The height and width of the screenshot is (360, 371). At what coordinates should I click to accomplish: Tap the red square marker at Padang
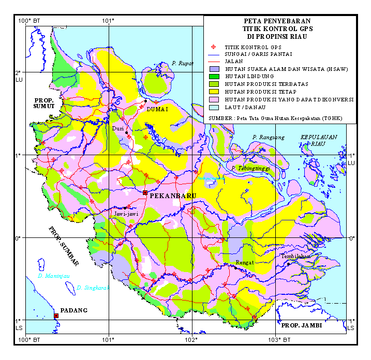56,316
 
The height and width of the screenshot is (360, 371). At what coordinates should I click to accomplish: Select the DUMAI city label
158,110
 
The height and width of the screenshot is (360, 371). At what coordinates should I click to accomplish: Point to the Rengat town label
244,263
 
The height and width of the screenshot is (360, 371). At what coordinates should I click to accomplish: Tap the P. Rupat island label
182,64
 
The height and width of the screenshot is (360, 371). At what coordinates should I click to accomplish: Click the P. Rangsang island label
269,137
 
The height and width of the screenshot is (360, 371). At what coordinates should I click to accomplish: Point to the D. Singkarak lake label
93,288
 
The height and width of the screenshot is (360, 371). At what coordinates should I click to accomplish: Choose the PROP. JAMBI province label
301,325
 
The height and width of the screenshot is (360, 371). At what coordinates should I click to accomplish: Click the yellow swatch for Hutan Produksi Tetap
214,91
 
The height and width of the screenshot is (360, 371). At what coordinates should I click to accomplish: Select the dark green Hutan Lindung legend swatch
214,76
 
